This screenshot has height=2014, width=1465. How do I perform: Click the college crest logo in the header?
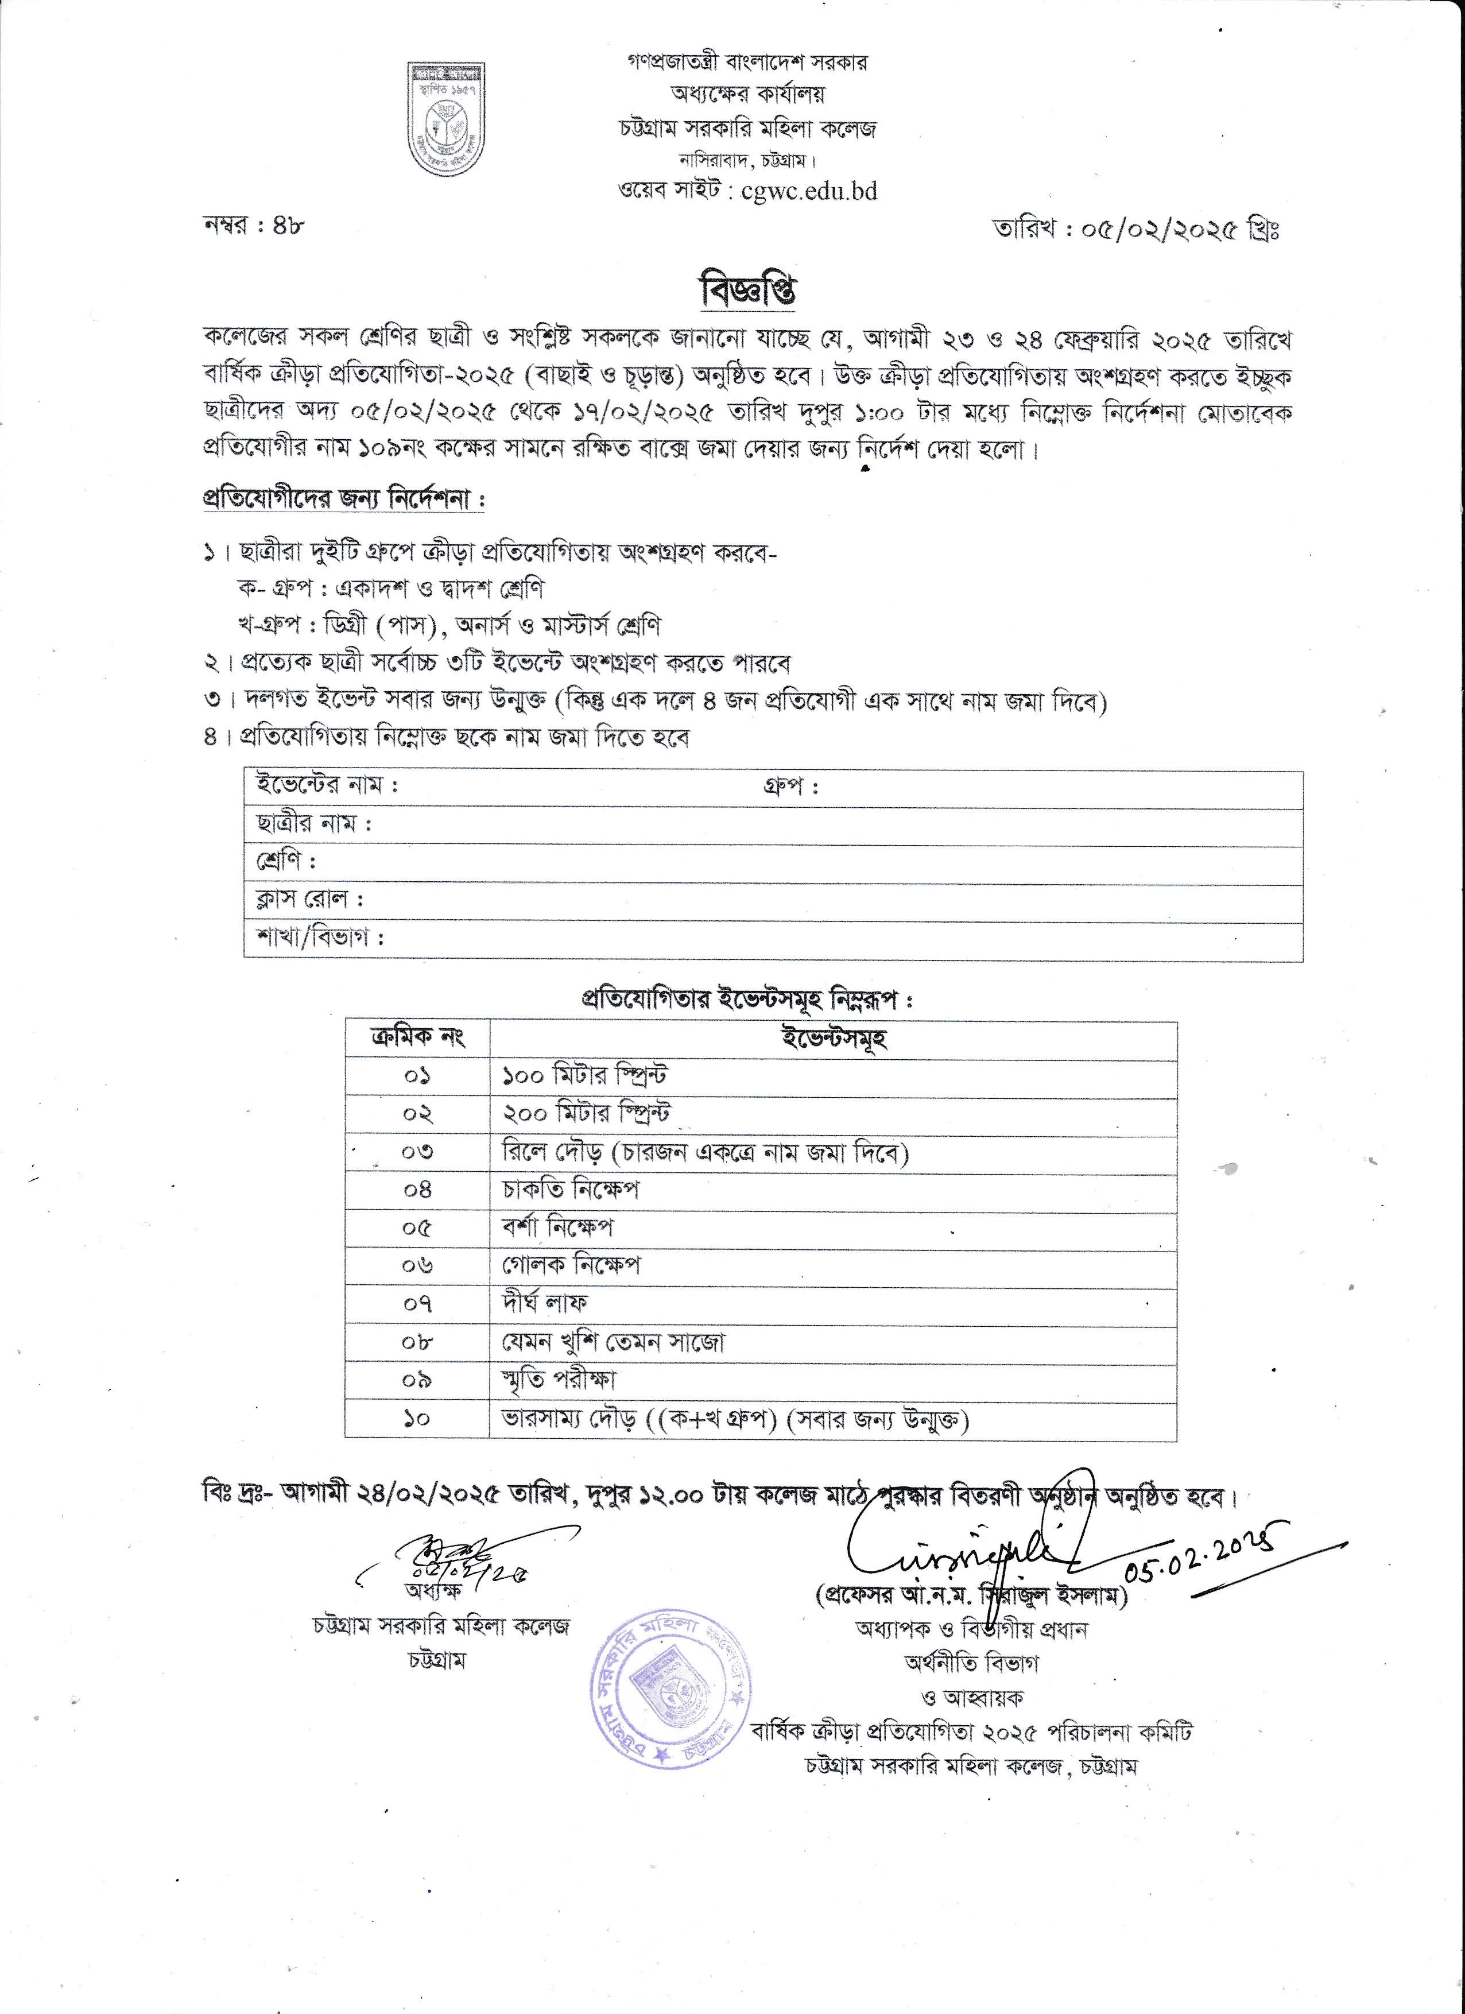447,119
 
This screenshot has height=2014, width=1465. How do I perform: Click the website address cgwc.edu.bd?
809,191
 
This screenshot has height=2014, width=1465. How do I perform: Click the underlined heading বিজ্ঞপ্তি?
747,291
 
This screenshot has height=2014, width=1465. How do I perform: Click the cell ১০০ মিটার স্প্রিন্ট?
584,1076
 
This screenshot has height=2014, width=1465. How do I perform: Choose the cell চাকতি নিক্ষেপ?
571,1190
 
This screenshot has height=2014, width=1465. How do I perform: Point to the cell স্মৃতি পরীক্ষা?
559,1380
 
